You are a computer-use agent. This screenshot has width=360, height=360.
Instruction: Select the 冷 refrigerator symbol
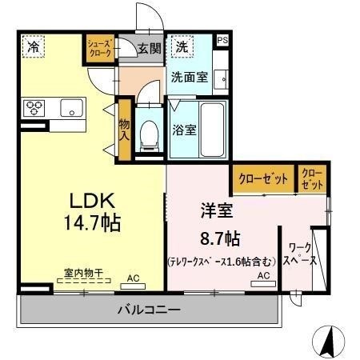tap(33, 47)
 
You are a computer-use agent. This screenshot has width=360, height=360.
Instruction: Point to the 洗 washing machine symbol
tap(181, 47)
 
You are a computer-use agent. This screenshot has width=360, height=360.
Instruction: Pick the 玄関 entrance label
tap(149, 49)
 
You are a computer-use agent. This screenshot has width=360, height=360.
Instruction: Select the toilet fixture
tap(148, 136)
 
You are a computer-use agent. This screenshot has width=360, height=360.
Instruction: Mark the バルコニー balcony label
tap(148, 309)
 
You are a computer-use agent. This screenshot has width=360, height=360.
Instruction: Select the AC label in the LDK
tap(133, 278)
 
